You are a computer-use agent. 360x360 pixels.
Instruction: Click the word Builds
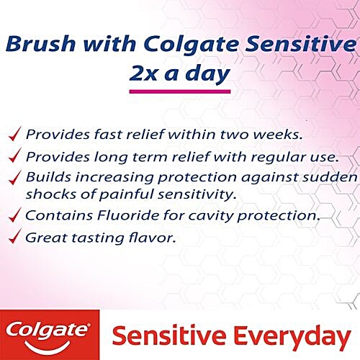[x=45, y=177]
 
